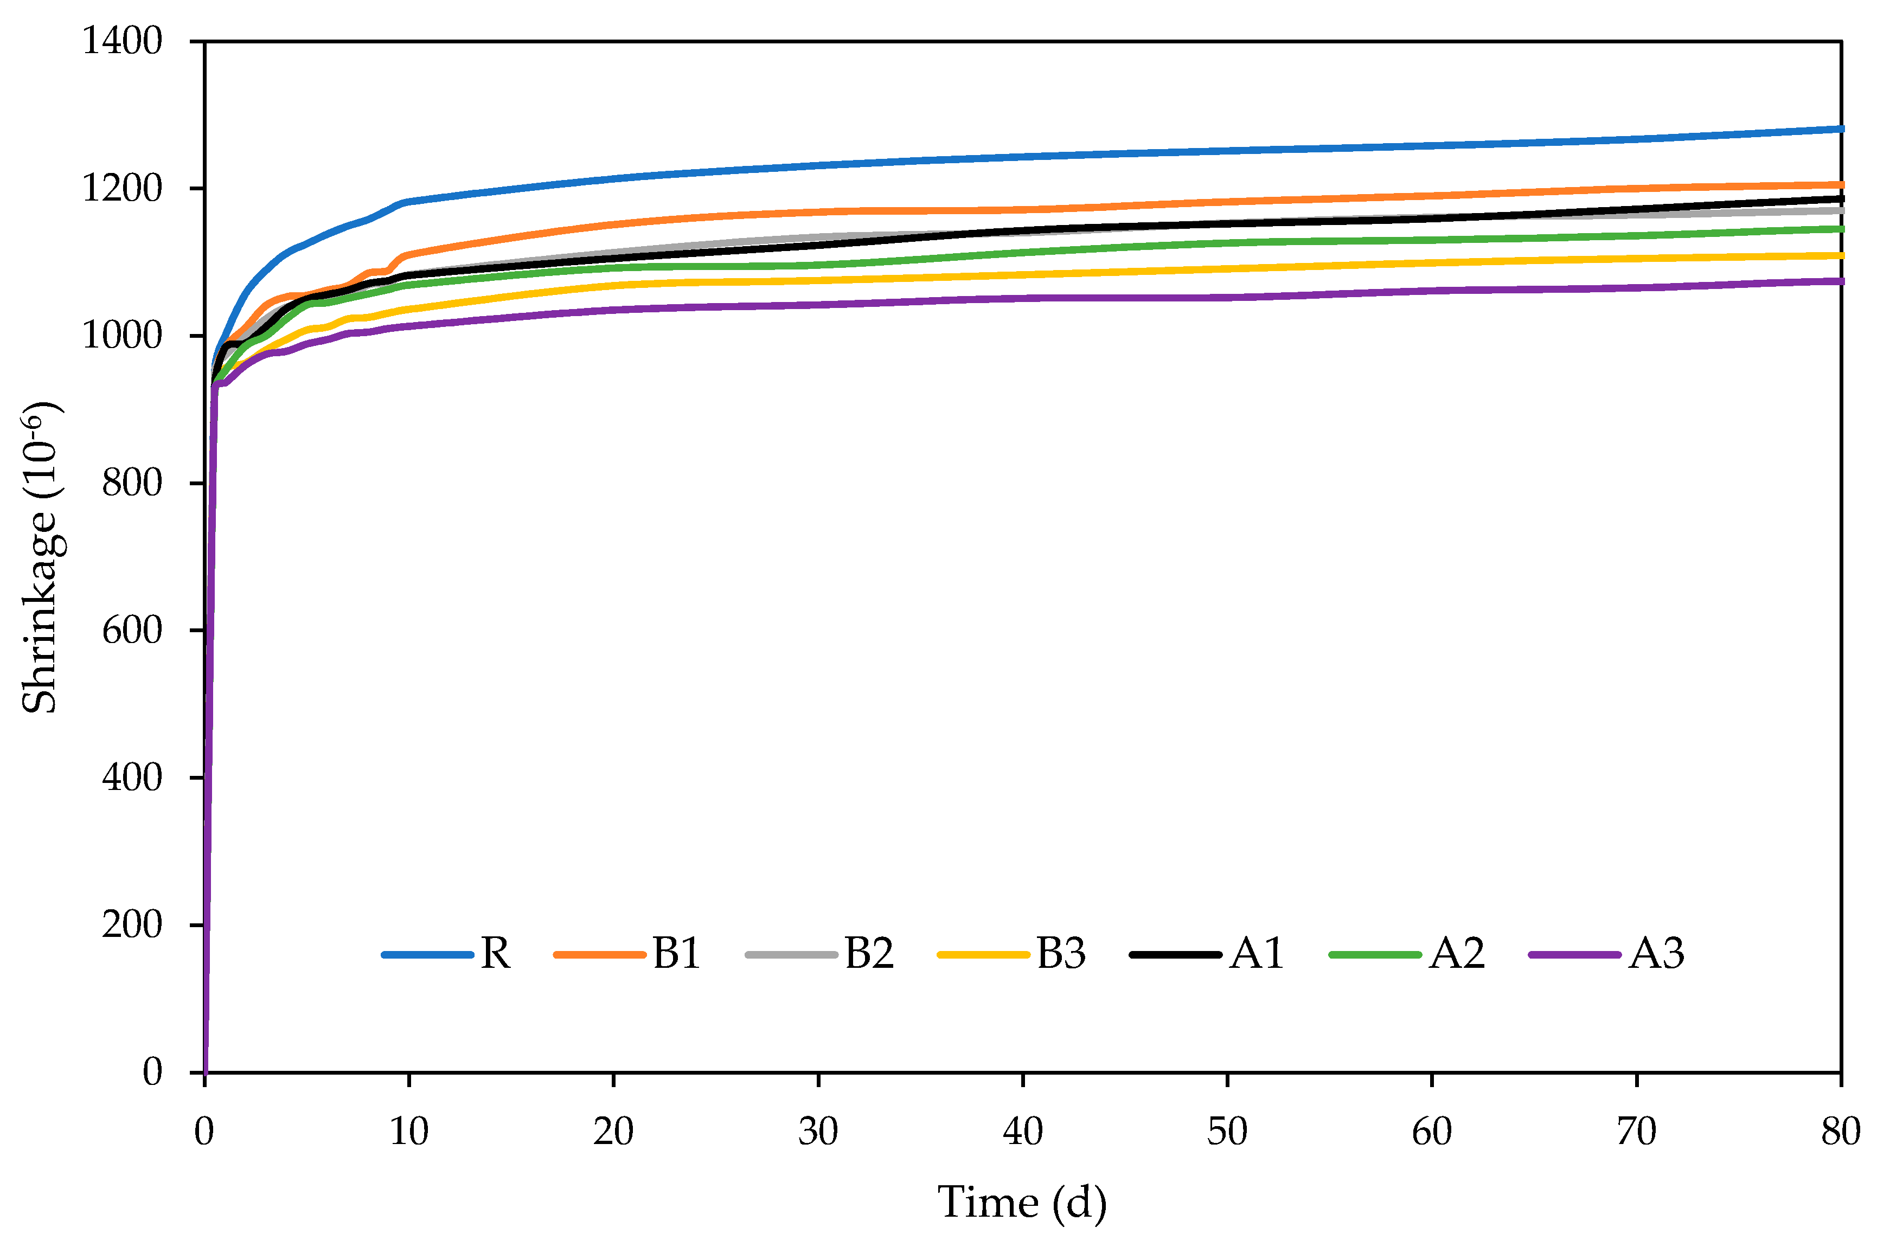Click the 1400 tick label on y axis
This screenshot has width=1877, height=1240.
click(x=123, y=41)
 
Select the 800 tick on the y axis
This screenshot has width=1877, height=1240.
click(x=132, y=483)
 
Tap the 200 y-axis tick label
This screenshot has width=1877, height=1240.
click(x=132, y=924)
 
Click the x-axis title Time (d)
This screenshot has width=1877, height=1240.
click(x=1022, y=1203)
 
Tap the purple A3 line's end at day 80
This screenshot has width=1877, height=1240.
click(x=1840, y=281)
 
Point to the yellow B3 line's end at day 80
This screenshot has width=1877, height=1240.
click(x=1840, y=255)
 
